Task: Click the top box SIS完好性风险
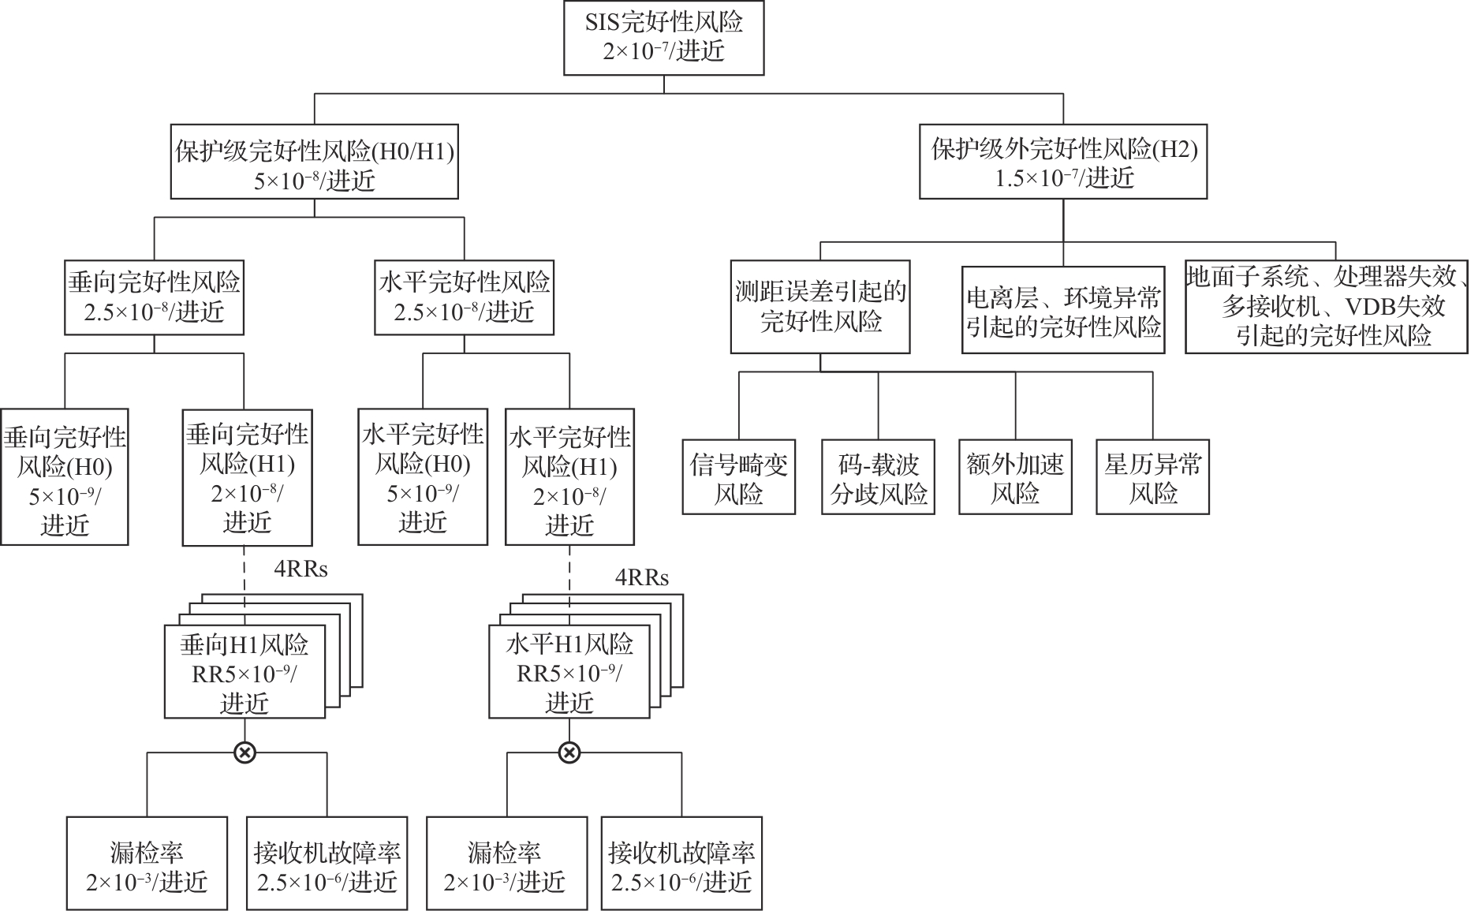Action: pos(663,37)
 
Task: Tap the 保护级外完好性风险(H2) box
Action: pos(1063,164)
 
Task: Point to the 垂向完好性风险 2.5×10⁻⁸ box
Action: pos(154,297)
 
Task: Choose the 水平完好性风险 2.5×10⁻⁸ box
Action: pos(464,297)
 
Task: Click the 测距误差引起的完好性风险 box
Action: pos(820,307)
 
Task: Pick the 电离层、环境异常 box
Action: pos(1063,310)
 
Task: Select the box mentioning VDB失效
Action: pos(1326,307)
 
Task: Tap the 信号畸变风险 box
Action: pos(739,477)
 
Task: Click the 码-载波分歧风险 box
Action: pos(878,477)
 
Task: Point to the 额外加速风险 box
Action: pos(1015,477)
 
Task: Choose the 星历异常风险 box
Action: pos(1152,477)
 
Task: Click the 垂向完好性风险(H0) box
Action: pos(65,477)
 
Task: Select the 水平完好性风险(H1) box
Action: pos(569,477)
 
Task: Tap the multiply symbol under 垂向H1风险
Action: pos(245,752)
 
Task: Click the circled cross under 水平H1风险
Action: pos(569,752)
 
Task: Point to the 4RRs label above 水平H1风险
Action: pos(642,578)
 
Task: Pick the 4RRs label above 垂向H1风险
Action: pos(301,569)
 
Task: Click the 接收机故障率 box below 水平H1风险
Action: pos(681,864)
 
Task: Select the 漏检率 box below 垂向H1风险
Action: pos(147,864)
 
